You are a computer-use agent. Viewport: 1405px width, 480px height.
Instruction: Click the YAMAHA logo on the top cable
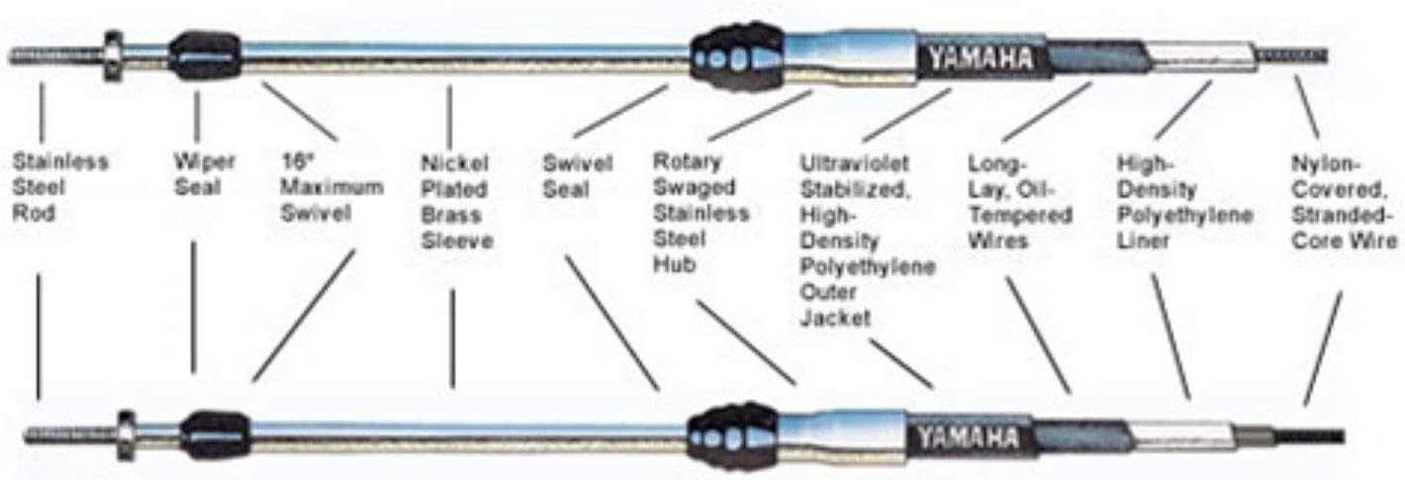981,59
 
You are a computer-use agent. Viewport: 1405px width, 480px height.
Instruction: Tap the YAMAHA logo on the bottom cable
969,438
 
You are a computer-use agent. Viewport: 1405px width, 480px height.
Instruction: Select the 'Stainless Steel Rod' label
60,187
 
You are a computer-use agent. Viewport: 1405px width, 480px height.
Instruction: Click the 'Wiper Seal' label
205,174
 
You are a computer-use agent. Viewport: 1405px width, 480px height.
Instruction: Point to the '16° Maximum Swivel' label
331,187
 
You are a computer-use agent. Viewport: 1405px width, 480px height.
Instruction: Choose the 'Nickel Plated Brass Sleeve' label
457,202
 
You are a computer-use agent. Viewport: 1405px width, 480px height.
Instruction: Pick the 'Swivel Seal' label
578,176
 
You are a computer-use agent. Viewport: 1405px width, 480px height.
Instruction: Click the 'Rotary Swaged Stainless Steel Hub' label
702,213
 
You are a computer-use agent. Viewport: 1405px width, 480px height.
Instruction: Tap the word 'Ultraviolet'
854,163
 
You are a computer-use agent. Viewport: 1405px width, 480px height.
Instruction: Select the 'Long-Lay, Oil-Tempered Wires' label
1020,202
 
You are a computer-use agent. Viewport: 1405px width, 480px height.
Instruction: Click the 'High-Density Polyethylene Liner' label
1184,202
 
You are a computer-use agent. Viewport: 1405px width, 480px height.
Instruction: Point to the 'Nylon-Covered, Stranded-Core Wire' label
1345,202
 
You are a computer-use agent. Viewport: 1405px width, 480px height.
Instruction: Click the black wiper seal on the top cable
205,55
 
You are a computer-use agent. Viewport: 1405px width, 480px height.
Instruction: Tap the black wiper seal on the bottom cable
215,435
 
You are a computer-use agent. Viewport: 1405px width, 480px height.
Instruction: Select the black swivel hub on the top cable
737,57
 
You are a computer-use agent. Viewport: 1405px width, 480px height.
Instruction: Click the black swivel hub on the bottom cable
733,436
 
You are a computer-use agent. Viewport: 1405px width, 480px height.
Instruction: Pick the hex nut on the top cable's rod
113,55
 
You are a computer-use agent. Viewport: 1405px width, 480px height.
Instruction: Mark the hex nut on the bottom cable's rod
126,435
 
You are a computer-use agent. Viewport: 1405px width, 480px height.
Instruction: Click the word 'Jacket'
835,318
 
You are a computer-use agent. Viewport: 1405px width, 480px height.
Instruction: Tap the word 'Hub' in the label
675,264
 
